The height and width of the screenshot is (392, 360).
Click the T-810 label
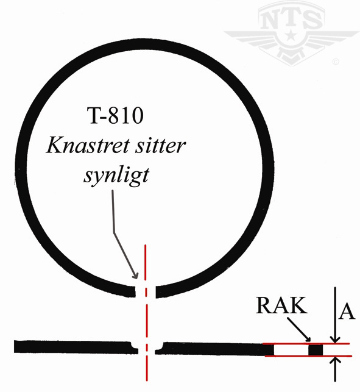pos(115,115)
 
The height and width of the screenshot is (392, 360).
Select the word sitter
pos(160,146)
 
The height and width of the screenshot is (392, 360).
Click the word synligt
pos(116,176)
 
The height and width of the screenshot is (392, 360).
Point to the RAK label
pos(281,305)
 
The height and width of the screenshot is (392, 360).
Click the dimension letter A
pos(347,312)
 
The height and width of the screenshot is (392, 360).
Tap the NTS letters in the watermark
pos(291,19)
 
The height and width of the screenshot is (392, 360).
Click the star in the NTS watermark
pos(291,35)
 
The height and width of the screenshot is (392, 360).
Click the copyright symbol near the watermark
pos(336,62)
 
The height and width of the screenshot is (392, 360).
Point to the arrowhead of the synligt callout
pos(135,275)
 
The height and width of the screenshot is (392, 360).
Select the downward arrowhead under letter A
pos(335,339)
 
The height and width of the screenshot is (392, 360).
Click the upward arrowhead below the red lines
pos(336,360)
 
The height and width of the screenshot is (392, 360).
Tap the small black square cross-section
pos(316,350)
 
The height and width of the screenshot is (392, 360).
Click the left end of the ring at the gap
pos(132,291)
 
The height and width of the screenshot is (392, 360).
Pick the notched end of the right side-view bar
pos(160,349)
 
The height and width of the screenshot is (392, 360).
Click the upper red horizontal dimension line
pos(306,344)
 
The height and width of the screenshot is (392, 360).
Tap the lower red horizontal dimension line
pos(308,356)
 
